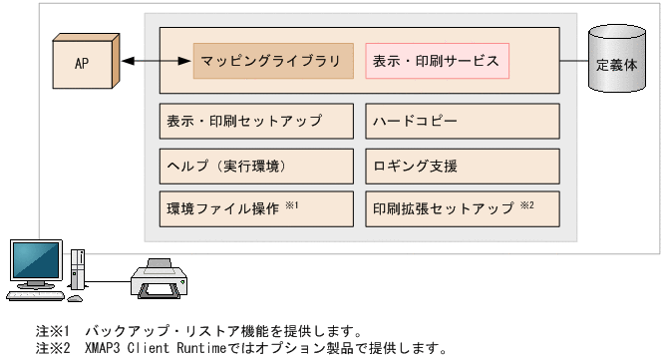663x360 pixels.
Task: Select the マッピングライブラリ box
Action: pos(273,61)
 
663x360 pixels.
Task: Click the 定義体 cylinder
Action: pos(616,63)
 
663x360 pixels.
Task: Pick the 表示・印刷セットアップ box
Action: pos(256,121)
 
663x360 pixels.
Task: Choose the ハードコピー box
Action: pos(462,121)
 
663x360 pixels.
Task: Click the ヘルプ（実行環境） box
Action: pos(256,165)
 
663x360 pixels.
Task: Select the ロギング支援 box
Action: pos(462,165)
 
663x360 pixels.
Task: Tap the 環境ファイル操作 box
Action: pos(256,208)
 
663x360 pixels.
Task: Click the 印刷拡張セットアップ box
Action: pos(462,208)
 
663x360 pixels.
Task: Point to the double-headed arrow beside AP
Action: pos(156,62)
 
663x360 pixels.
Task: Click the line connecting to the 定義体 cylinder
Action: pos(574,62)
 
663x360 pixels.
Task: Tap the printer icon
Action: pos(163,278)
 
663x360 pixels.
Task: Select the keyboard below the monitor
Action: pos(39,295)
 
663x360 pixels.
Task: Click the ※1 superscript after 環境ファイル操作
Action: pos(292,204)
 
